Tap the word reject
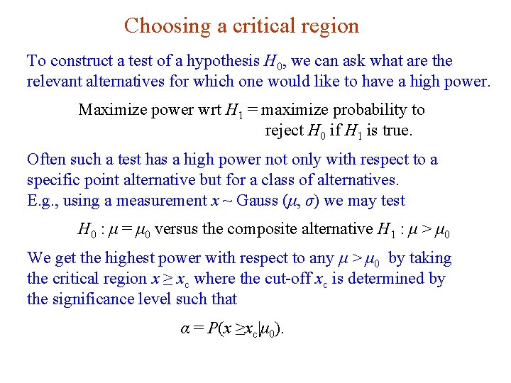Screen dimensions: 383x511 tap(284, 131)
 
